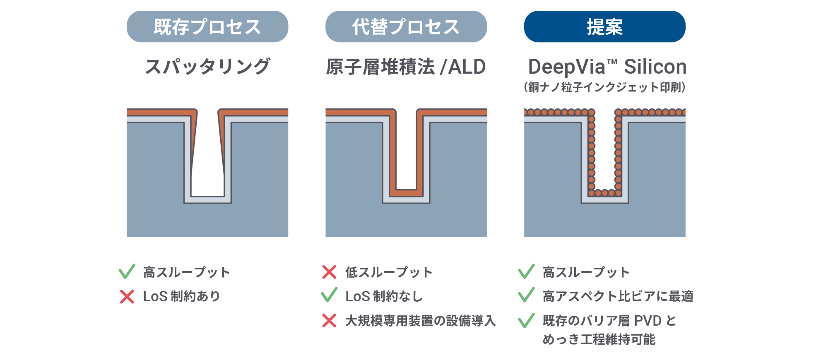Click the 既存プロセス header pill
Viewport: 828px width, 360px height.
tap(207, 26)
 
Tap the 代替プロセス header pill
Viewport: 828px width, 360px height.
tap(406, 26)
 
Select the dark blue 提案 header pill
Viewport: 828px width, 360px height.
tap(604, 26)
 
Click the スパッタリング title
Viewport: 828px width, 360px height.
tap(207, 67)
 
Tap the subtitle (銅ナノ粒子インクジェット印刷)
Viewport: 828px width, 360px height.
tap(604, 87)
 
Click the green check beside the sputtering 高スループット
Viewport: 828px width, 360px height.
tap(127, 271)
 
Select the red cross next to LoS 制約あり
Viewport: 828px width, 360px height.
tap(127, 296)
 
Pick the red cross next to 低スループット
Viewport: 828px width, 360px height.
tap(329, 272)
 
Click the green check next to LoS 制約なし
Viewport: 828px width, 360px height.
tap(329, 295)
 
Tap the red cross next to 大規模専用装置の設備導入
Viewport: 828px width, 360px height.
tap(329, 321)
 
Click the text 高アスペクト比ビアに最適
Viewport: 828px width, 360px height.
tap(618, 296)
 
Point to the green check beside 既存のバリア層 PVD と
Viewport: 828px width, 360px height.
tap(526, 320)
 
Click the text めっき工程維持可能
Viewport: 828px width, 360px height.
tap(599, 339)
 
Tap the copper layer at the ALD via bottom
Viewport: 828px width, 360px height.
tap(406, 193)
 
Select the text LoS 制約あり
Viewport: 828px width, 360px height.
tap(181, 296)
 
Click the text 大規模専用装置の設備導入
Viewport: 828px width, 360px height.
tap(420, 321)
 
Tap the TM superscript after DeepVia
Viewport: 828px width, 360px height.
tap(612, 62)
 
